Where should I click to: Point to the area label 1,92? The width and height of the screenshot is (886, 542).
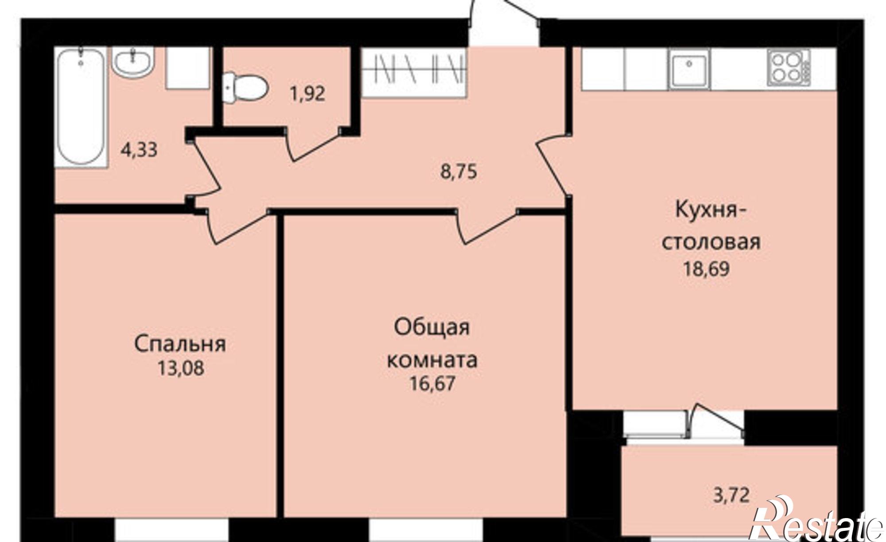307,94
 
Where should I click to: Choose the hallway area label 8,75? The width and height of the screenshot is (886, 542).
459,172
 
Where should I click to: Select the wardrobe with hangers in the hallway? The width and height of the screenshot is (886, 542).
415,73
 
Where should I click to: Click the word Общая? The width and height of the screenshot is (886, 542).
432,328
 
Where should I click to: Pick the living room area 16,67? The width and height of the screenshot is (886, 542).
432,383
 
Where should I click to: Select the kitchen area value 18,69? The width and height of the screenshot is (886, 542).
707,269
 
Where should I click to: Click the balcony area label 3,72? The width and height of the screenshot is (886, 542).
731,495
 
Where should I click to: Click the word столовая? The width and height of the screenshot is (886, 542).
711,242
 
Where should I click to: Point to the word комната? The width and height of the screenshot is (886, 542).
432,360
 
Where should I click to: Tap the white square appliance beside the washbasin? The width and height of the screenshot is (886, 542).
187,69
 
